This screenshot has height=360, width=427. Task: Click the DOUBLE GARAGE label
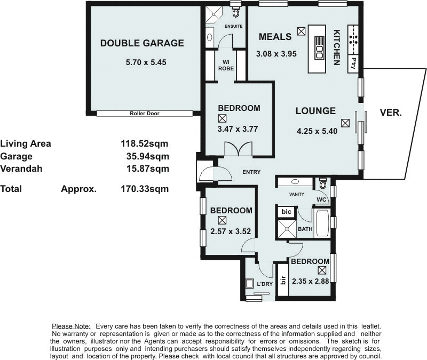pos(142,44)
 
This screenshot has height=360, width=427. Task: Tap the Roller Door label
pos(145,114)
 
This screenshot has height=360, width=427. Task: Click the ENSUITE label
pos(234,27)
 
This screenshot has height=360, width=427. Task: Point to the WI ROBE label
pos(226,65)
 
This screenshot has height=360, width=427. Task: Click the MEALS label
pos(275,37)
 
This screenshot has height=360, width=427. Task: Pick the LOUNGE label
pos(316,111)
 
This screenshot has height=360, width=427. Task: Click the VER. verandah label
pos(391,113)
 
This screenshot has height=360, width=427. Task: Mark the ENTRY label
pos(251,172)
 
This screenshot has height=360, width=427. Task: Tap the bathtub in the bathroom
pos(322,222)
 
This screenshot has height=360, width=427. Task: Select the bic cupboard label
pos(286,212)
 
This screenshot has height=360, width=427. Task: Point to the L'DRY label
pos(265,284)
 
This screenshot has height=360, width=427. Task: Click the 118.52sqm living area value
pos(145,143)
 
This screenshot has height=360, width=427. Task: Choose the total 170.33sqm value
pos(145,188)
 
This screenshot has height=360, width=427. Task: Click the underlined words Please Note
pos(71,326)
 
